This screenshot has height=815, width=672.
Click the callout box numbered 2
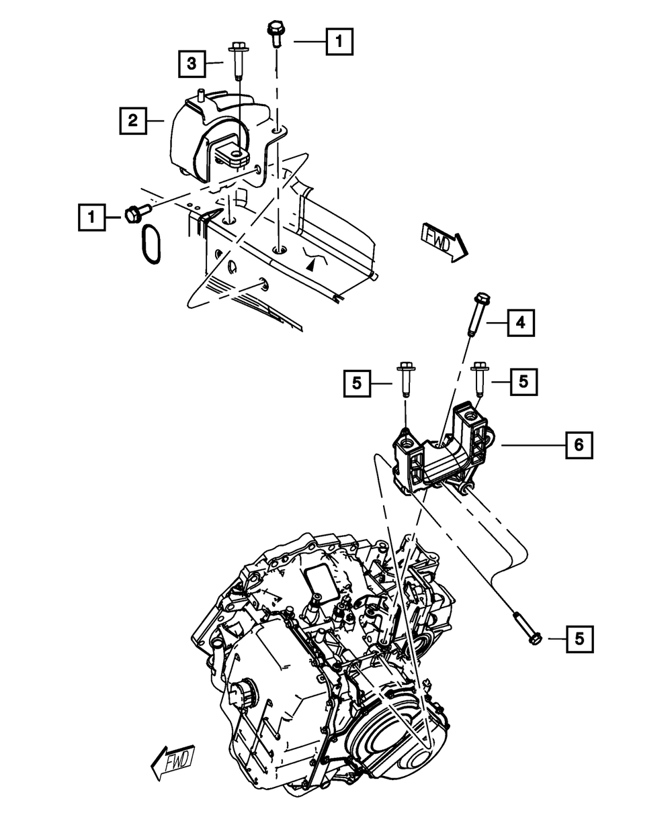[x=133, y=121]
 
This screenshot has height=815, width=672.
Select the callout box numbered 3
[x=192, y=64]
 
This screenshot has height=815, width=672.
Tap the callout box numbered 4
[x=521, y=324]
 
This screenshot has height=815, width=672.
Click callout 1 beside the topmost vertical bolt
[x=339, y=42]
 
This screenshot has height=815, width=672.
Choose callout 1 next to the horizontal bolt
[x=91, y=218]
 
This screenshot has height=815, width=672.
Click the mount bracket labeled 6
[x=444, y=450]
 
